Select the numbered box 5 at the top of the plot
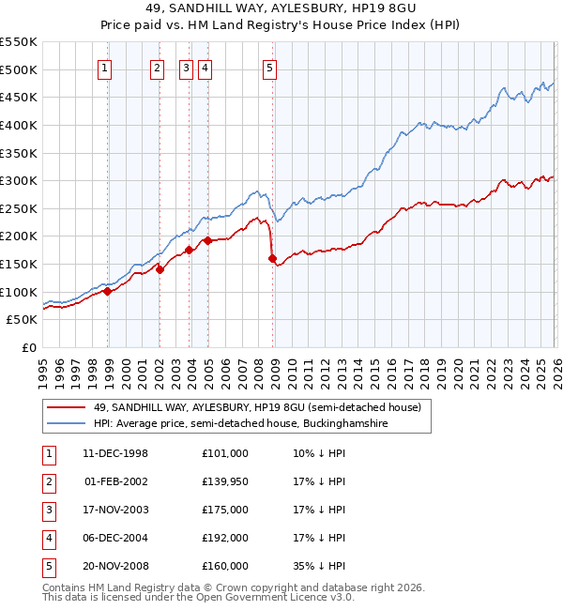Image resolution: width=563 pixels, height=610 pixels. (x=269, y=67)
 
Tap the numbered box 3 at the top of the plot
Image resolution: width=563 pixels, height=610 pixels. (x=186, y=67)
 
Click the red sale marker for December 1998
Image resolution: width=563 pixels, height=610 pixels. (x=108, y=291)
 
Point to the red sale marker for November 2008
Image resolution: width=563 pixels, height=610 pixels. (x=273, y=258)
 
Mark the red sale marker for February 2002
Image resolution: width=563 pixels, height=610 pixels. (x=160, y=269)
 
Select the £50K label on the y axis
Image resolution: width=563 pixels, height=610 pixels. (x=22, y=320)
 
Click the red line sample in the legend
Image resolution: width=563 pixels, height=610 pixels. (x=67, y=407)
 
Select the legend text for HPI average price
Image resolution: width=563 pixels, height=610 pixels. (x=253, y=423)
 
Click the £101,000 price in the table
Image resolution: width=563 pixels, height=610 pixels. (x=224, y=453)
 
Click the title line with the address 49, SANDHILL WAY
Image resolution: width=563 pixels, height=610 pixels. (x=281, y=8)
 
